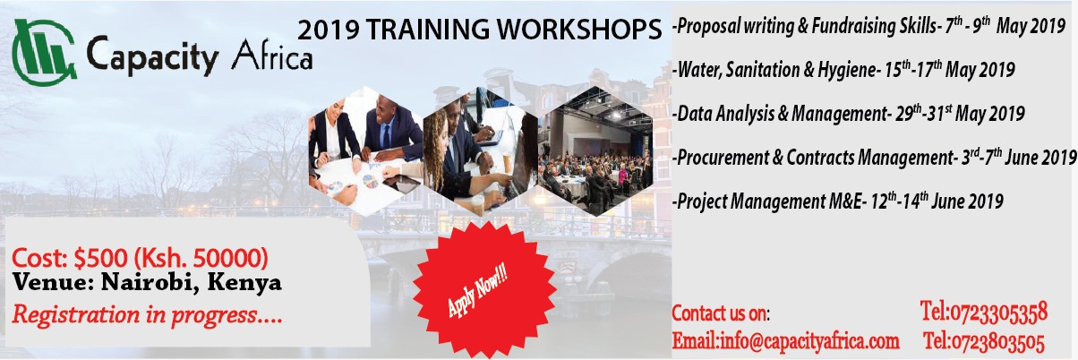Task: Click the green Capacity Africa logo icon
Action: click(44, 52)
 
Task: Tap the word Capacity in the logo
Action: click(152, 56)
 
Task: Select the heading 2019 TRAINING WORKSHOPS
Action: click(479, 30)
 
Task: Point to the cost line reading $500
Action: click(140, 258)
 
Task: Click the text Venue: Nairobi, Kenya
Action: click(147, 282)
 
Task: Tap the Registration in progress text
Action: click(147, 314)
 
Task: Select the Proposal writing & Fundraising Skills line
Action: click(869, 26)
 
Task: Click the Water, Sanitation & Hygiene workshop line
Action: click(844, 70)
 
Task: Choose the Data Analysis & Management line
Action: click(849, 114)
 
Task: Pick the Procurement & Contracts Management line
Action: click(875, 157)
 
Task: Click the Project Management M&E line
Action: click(838, 201)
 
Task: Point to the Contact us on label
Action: click(721, 313)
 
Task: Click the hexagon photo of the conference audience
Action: click(595, 151)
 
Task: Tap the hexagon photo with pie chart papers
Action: click(365, 151)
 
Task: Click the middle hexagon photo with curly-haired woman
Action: click(480, 151)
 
